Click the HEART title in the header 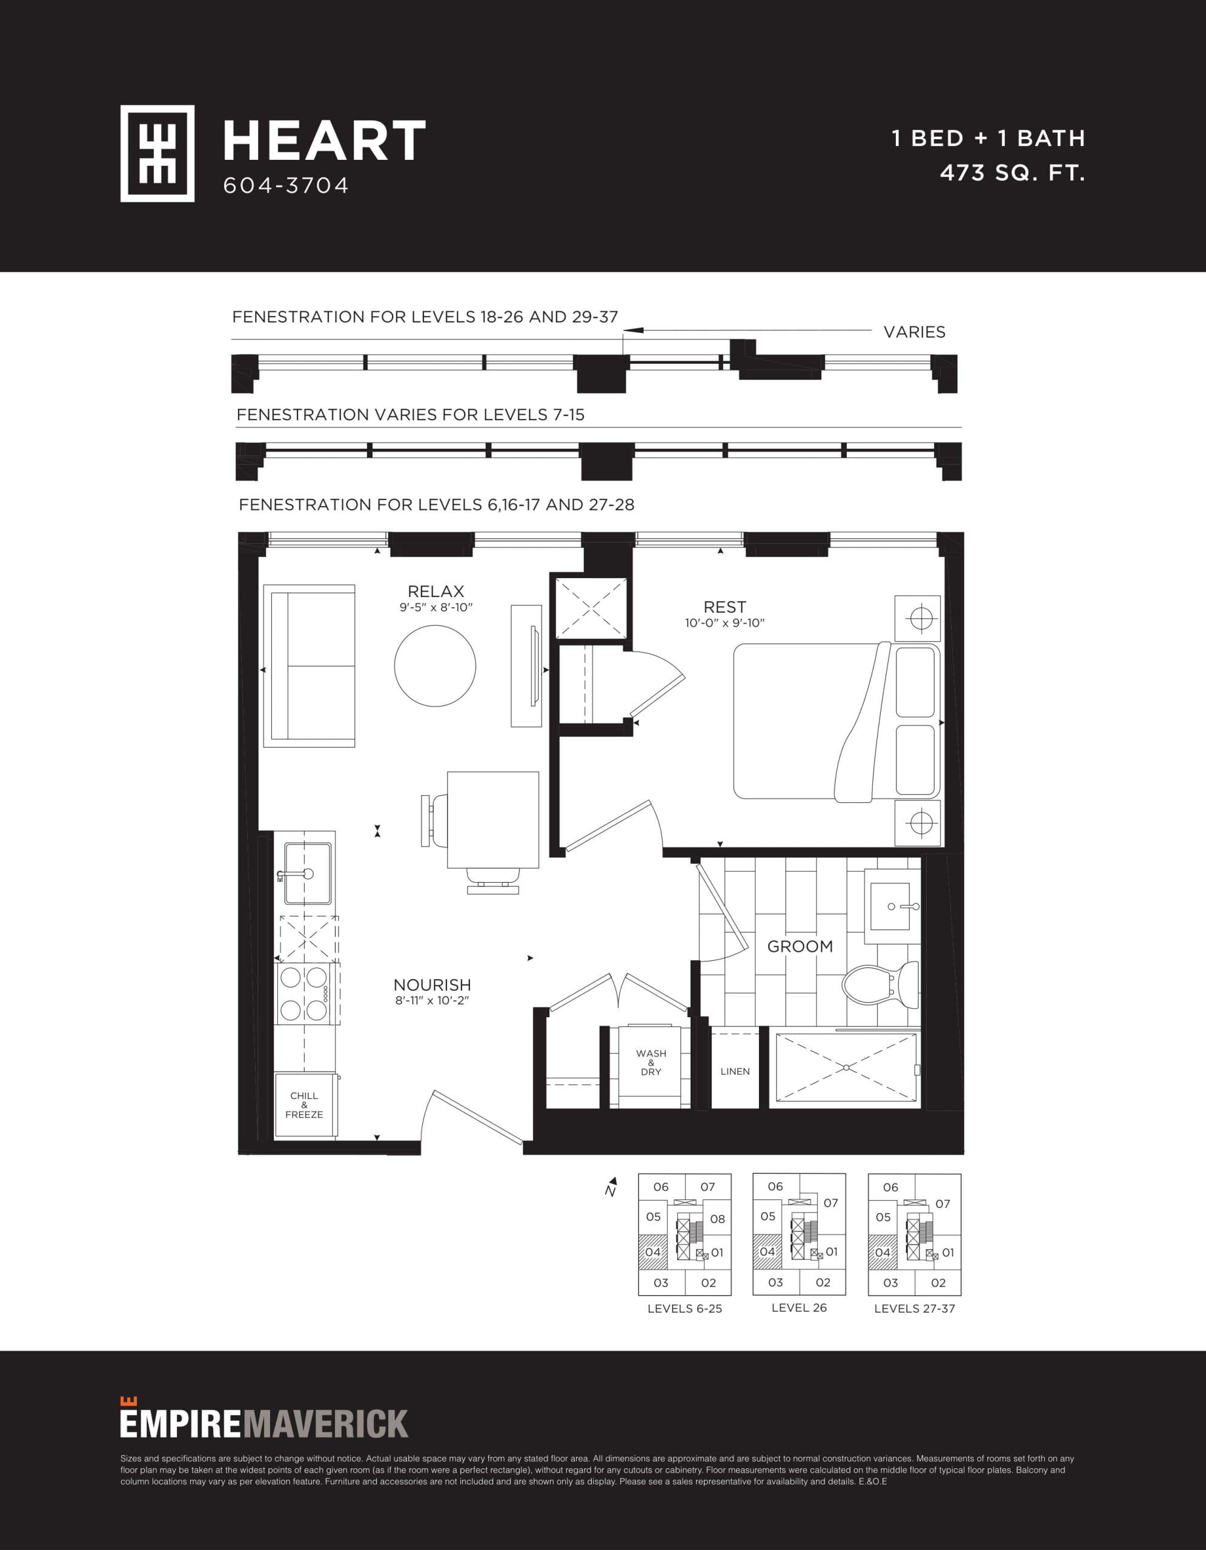click(x=323, y=141)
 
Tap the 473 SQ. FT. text click(x=1012, y=173)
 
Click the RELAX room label click(x=436, y=591)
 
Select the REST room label click(x=724, y=607)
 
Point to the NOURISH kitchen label click(x=432, y=985)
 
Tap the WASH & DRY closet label click(x=651, y=1063)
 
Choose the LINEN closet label click(x=735, y=1071)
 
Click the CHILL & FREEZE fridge click(x=305, y=1105)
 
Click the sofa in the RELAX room click(x=310, y=665)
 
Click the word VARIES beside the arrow click(x=914, y=332)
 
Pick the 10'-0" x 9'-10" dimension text click(x=724, y=623)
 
